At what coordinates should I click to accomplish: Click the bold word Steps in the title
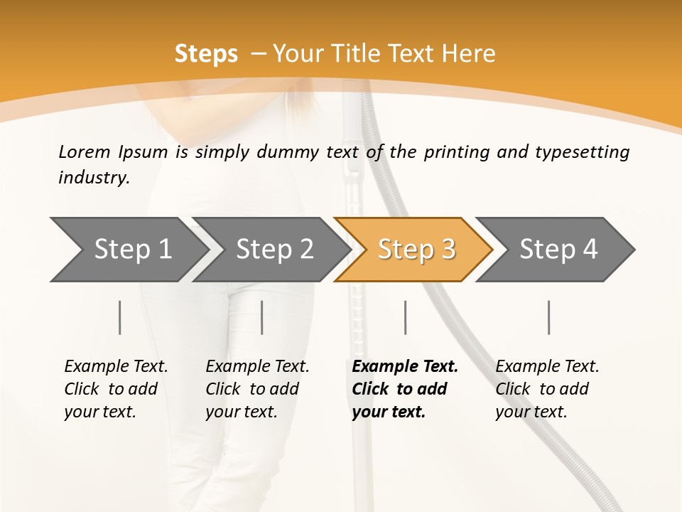click(206, 54)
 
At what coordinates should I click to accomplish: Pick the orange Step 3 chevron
click(416, 250)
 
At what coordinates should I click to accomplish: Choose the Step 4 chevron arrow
click(558, 250)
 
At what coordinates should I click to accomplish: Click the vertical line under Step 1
click(120, 317)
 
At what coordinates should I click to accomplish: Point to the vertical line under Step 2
click(262, 317)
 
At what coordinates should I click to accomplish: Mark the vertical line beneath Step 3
click(406, 317)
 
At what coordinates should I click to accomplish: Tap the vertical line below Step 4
click(549, 317)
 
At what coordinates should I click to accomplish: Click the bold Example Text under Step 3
click(405, 367)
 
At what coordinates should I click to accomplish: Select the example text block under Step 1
click(116, 389)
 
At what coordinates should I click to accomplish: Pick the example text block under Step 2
click(257, 389)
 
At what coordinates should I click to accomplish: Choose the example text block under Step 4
click(547, 389)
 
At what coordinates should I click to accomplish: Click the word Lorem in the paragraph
click(84, 151)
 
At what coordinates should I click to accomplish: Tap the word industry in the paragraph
click(93, 178)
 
